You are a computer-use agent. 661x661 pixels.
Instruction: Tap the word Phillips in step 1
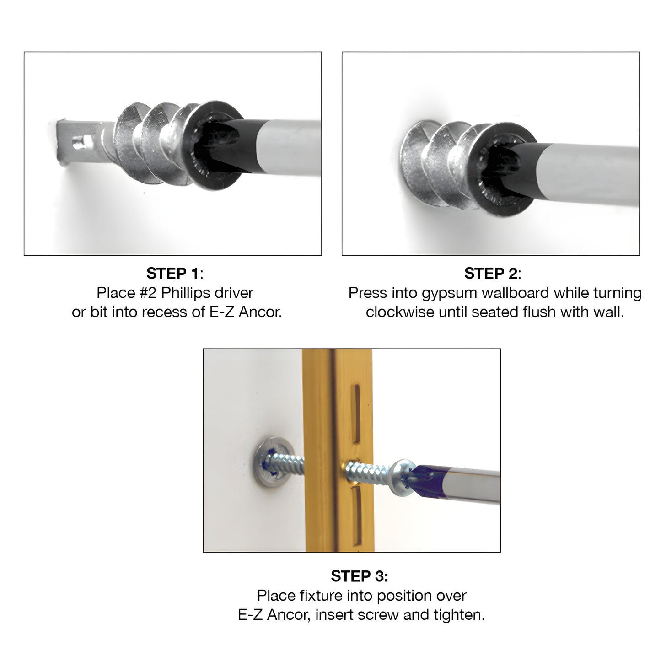point(183,293)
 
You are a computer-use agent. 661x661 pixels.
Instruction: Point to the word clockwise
point(400,312)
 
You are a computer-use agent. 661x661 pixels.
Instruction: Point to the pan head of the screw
point(403,477)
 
